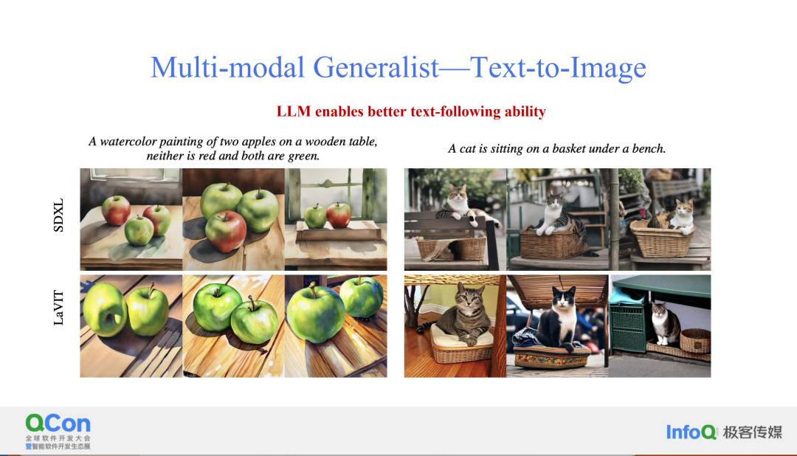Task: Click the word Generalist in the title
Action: [376, 68]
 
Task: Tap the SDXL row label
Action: [58, 215]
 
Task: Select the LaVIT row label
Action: [58, 308]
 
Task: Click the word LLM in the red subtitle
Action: [293, 111]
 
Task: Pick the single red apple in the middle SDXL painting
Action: [225, 231]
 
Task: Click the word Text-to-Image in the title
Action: [558, 68]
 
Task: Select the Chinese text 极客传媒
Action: [752, 432]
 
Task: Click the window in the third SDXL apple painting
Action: [335, 193]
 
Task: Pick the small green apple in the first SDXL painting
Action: [139, 230]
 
